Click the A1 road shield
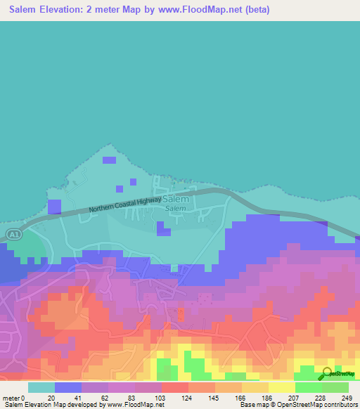click(12, 233)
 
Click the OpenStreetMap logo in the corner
click(337, 373)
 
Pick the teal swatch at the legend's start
click(41, 387)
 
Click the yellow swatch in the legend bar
click(281, 387)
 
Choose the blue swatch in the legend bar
click(67, 387)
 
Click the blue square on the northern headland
click(109, 160)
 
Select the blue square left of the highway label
click(54, 207)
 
